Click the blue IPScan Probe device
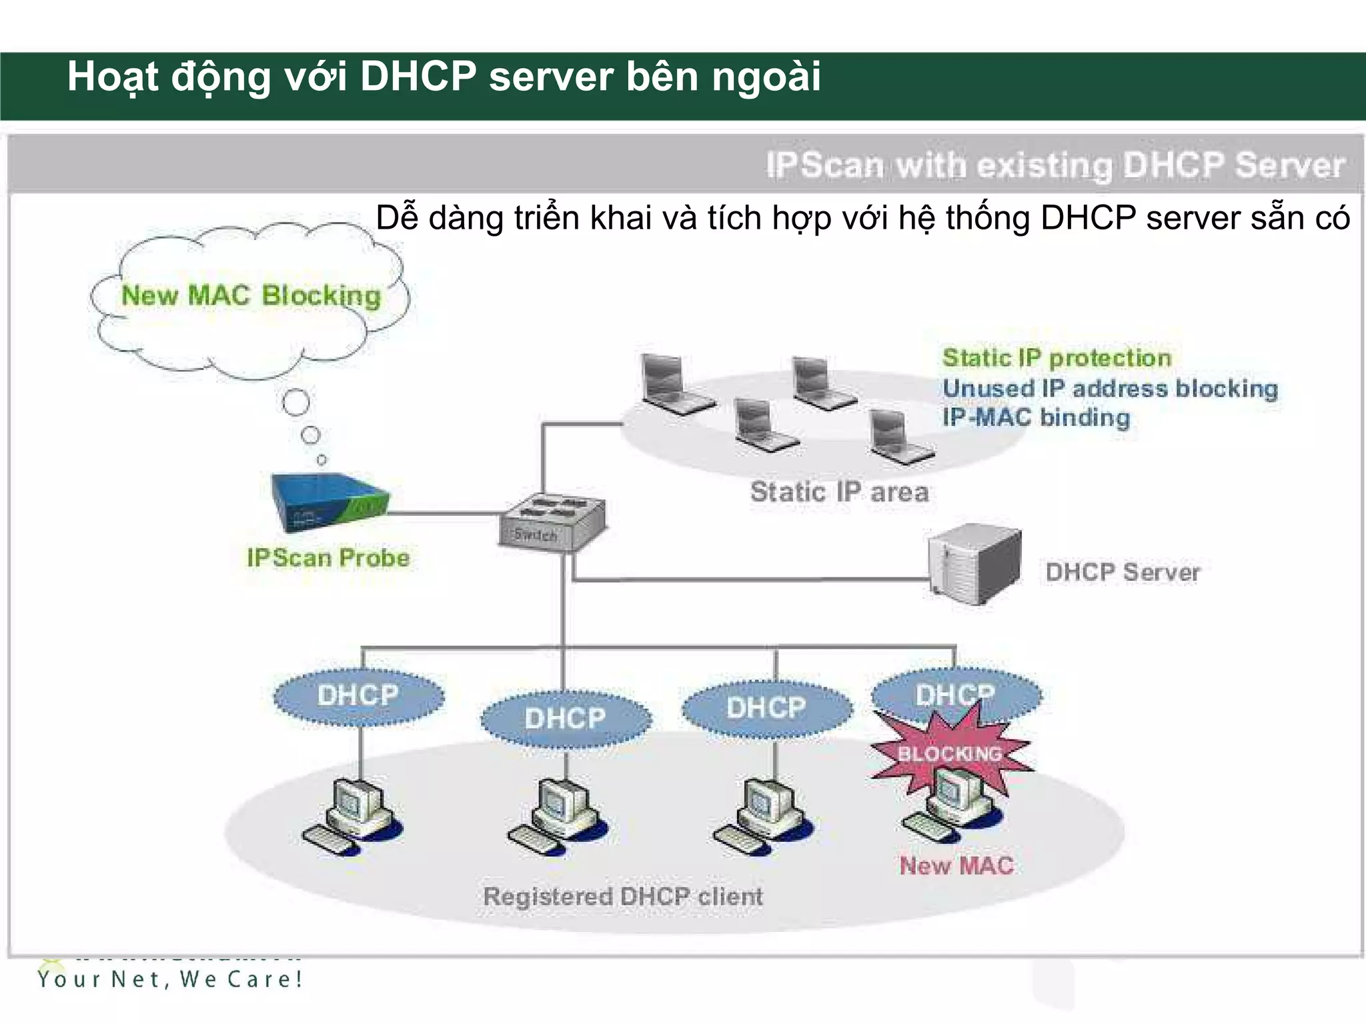(x=329, y=503)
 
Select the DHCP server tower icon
(x=976, y=564)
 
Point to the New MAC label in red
(x=956, y=865)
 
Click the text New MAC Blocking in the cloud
(x=251, y=295)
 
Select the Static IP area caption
(x=839, y=492)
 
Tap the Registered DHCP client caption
(x=622, y=896)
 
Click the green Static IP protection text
(x=1057, y=358)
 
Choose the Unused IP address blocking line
(x=1110, y=388)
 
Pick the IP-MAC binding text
(x=1036, y=417)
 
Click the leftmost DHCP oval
(x=359, y=696)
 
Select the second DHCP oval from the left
(x=565, y=719)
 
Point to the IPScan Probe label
(x=327, y=558)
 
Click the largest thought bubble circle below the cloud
(x=296, y=402)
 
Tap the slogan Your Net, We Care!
(x=170, y=979)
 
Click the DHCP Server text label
(x=1123, y=572)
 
